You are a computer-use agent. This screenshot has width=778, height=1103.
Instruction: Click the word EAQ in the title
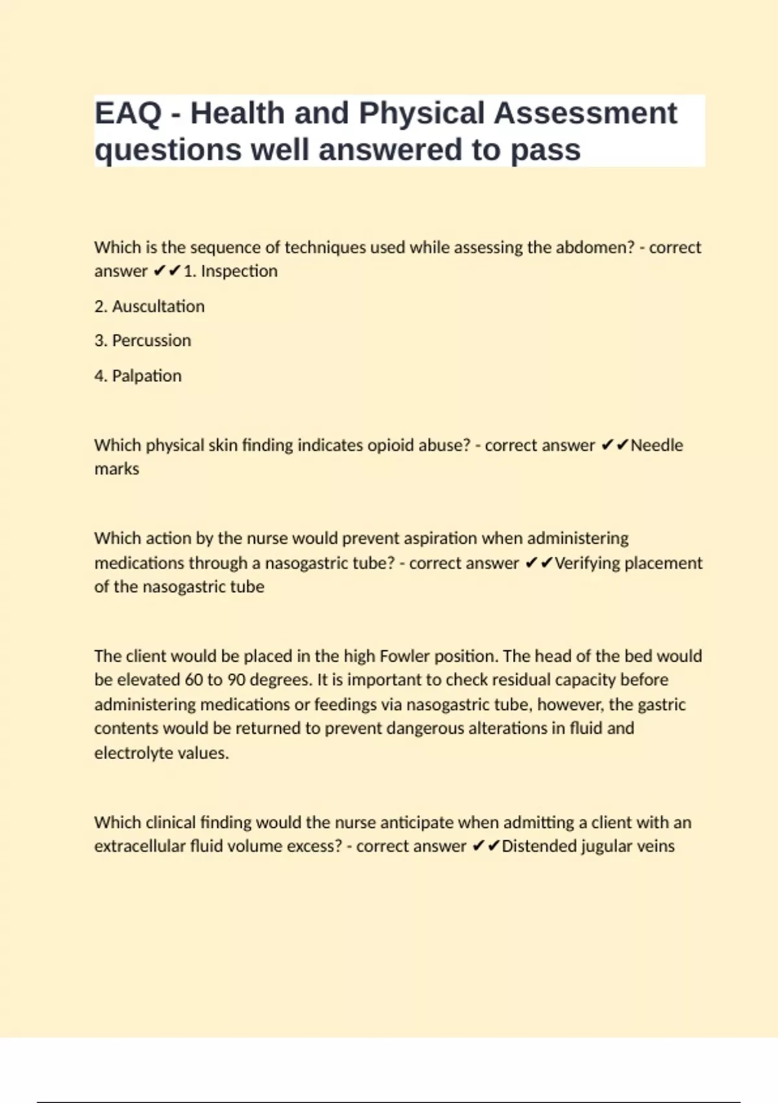tap(128, 114)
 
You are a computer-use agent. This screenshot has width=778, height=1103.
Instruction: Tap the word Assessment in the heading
tap(585, 114)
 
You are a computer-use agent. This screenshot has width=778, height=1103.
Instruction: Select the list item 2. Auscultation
tap(149, 306)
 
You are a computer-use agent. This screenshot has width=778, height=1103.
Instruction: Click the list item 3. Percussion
tap(143, 341)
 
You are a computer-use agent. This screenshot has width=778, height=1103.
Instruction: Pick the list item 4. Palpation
tap(137, 376)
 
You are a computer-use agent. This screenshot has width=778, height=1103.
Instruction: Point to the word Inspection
tap(239, 271)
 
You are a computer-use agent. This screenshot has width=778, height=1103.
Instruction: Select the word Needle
tap(657, 445)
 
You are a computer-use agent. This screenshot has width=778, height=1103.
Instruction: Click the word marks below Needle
tap(117, 469)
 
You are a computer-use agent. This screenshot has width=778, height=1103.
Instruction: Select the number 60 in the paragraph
tap(193, 680)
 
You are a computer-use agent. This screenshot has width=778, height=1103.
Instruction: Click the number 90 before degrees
tap(236, 680)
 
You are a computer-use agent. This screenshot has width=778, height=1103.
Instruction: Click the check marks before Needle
tap(615, 445)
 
